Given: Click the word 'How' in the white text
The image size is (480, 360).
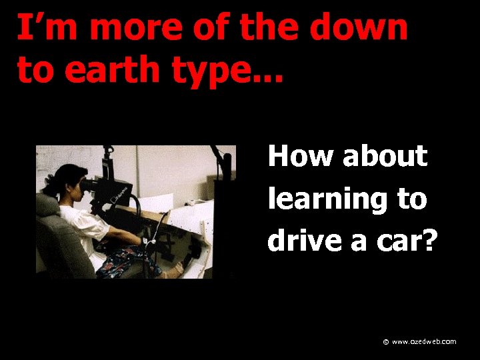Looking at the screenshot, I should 299,156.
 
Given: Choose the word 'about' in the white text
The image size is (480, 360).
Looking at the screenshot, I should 385,156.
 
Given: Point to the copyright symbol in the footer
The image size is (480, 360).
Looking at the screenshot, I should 385,342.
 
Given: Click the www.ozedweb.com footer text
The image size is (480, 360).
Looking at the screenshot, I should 424,342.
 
